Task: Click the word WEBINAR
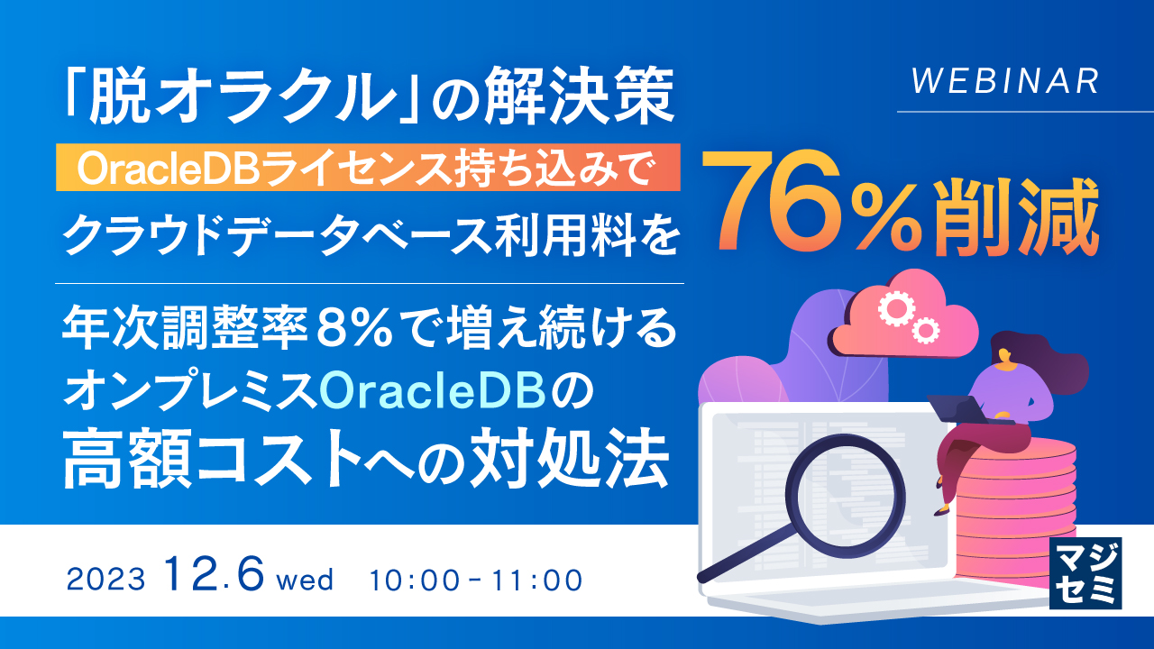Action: point(1005,82)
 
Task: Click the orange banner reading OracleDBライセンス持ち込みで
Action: point(368,169)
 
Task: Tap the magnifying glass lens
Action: point(845,489)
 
